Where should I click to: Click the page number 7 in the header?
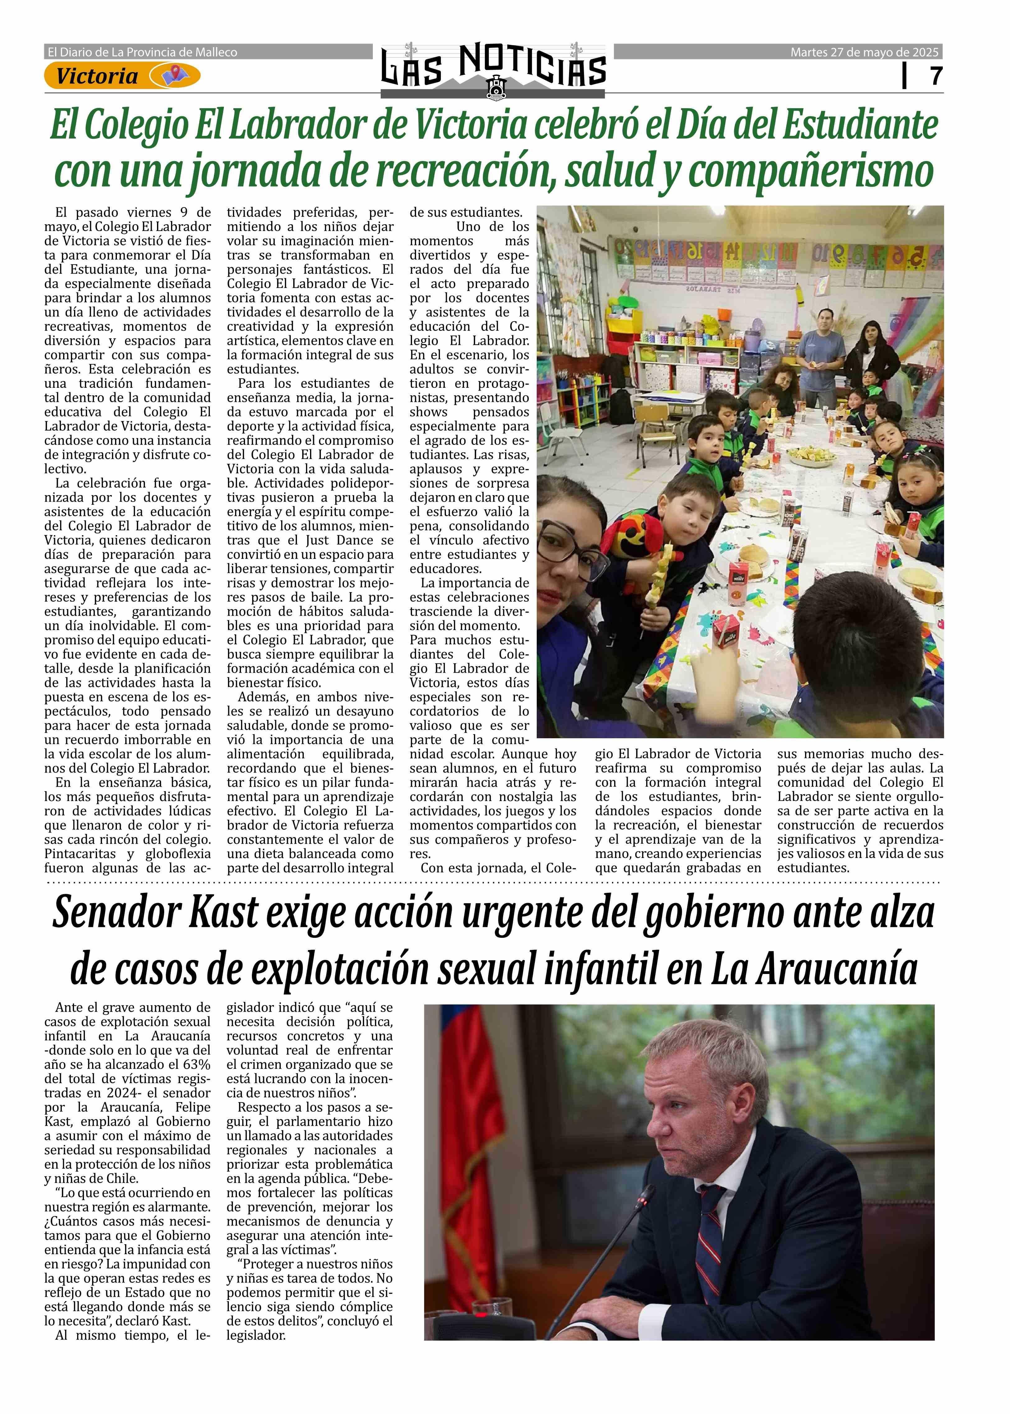coord(935,76)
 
